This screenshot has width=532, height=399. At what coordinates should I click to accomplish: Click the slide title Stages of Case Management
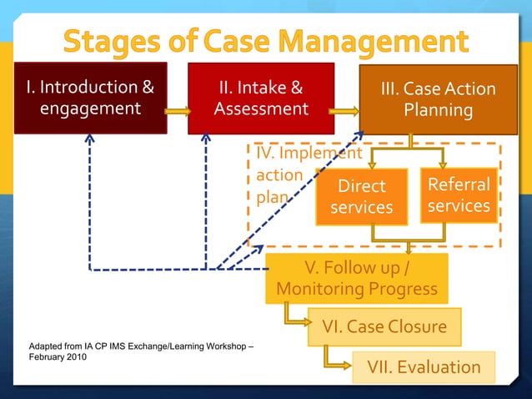[x=265, y=41]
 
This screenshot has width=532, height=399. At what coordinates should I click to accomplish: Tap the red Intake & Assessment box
[x=260, y=98]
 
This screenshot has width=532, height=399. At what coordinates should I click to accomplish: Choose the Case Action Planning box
[x=438, y=100]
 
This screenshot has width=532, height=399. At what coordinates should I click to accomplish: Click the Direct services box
[x=361, y=196]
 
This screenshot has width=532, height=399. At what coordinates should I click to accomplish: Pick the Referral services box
[x=459, y=195]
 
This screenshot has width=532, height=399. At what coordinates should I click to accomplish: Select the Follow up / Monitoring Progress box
[x=356, y=279]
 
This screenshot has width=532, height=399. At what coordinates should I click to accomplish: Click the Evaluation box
[x=424, y=367]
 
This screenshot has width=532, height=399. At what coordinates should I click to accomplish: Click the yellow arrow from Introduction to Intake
[x=178, y=110]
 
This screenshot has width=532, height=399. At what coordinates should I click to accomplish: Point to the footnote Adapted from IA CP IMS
[x=141, y=345]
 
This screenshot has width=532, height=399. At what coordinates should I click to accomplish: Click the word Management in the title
[x=385, y=41]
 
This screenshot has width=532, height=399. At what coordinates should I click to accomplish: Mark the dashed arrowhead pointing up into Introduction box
[x=89, y=137]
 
